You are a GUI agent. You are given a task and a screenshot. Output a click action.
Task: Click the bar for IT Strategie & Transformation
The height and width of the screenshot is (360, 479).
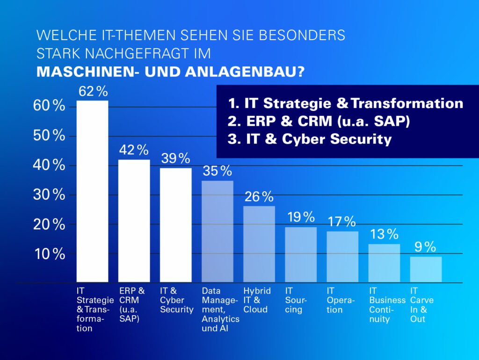[x=92, y=192]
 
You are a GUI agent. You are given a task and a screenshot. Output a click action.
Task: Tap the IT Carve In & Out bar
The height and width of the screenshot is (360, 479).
[x=426, y=270]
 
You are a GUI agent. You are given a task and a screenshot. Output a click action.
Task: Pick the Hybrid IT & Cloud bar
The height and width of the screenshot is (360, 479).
[x=259, y=245]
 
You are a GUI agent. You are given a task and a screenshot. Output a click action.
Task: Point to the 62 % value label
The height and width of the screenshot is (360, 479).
[x=93, y=92]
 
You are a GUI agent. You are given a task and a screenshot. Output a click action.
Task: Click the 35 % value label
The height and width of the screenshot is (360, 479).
[x=217, y=171]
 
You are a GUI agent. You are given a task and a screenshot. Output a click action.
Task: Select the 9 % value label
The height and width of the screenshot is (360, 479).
[x=425, y=247]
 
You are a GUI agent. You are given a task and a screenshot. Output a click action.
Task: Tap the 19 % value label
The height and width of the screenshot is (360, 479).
[x=301, y=217]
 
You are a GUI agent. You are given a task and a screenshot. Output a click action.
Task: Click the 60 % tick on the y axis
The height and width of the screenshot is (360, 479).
[x=49, y=106]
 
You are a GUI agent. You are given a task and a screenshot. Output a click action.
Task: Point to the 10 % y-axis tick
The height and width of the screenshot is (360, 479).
[x=49, y=254]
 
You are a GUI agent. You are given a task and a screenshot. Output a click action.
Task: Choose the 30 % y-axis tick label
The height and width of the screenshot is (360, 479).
[x=49, y=195]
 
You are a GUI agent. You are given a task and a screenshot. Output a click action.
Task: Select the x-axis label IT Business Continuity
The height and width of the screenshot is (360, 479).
[x=387, y=305]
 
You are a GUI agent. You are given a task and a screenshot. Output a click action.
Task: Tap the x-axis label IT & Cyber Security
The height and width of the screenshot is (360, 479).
[x=176, y=300]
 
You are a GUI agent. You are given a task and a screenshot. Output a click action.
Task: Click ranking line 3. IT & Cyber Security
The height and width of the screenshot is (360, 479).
[x=309, y=139]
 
